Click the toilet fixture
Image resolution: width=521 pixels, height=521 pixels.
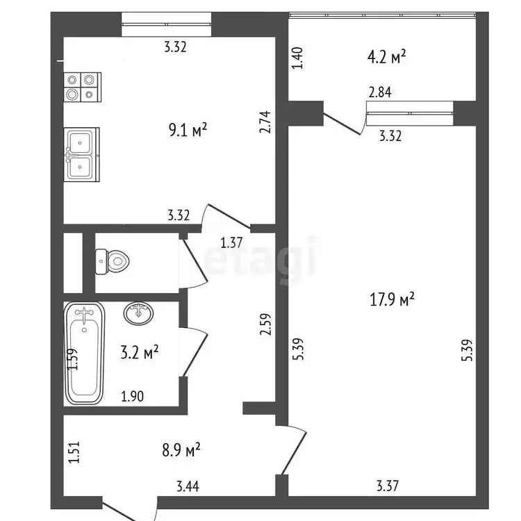[112, 262]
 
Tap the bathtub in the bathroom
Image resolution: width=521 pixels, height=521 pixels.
[84, 353]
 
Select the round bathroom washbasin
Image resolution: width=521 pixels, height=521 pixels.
[138, 313]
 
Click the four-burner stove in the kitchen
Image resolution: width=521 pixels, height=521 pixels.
[82, 87]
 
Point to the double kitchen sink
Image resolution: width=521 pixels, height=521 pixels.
[82, 154]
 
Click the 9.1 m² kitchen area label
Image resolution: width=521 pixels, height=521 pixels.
[188, 130]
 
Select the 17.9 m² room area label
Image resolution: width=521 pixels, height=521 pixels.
[392, 299]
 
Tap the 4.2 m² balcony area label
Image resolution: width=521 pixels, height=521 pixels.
[386, 57]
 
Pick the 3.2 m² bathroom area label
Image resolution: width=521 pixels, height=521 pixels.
[139, 352]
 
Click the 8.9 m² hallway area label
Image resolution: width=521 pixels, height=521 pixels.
[181, 450]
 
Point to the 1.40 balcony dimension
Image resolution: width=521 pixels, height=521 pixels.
[298, 58]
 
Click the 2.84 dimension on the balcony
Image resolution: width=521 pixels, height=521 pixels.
[380, 92]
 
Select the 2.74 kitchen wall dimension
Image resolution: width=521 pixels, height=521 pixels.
[266, 122]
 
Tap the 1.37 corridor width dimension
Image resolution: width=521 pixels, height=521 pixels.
[231, 242]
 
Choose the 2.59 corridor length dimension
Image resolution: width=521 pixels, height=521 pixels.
[266, 324]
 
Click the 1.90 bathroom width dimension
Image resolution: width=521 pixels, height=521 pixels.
[132, 397]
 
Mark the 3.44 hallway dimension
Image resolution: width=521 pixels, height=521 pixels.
[188, 486]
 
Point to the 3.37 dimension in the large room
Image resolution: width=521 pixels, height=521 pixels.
[388, 486]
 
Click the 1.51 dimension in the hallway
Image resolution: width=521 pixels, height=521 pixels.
[74, 452]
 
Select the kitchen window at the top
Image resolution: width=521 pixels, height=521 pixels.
[166, 24]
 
